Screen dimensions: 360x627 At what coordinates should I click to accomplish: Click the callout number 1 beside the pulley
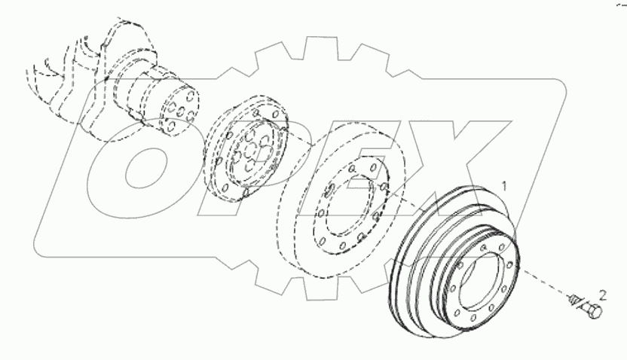pyautogui.click(x=506, y=182)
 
